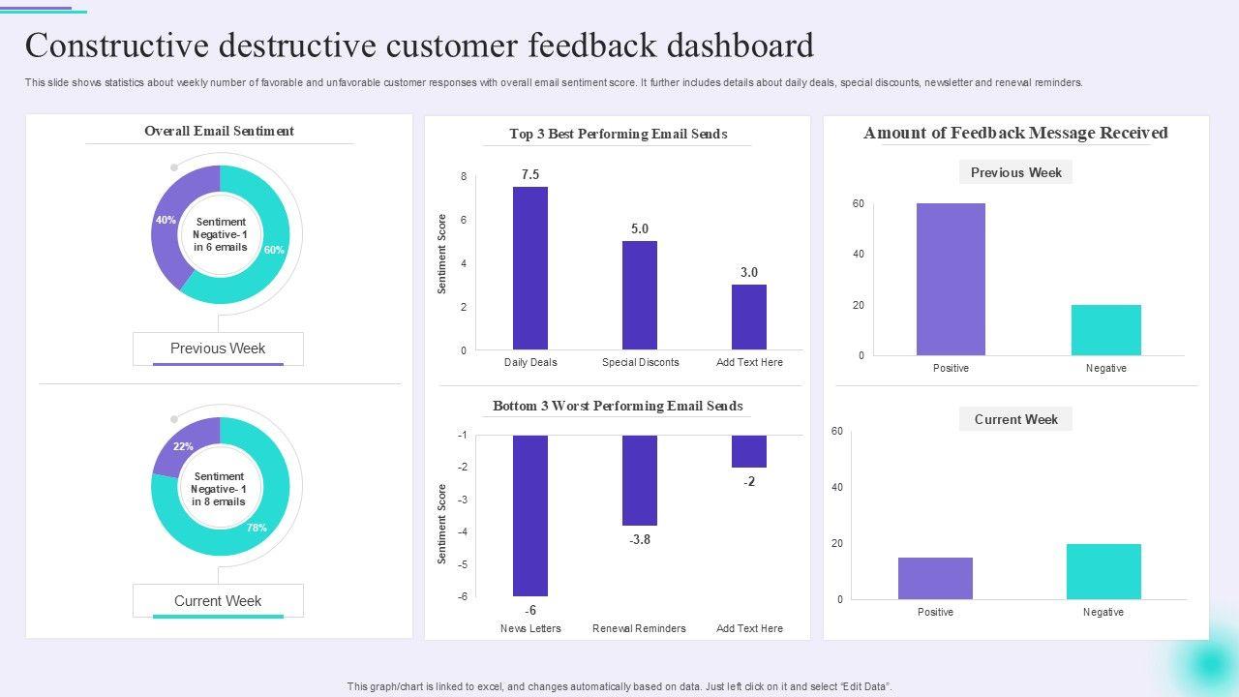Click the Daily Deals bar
click(530, 268)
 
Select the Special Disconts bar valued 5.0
click(640, 295)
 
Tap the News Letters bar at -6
click(530, 516)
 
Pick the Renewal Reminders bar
click(640, 480)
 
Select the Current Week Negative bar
click(1103, 571)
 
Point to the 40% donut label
click(166, 221)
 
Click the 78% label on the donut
click(257, 529)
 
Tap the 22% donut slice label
click(183, 447)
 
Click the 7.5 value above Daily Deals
click(530, 175)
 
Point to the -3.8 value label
click(640, 540)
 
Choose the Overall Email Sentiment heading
click(219, 131)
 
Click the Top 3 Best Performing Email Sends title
click(618, 134)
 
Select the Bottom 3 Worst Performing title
click(618, 406)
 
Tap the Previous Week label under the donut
click(218, 348)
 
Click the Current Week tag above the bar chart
click(1015, 419)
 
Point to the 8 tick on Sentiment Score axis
click(464, 177)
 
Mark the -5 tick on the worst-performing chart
click(462, 564)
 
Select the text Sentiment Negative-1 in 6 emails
click(220, 234)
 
